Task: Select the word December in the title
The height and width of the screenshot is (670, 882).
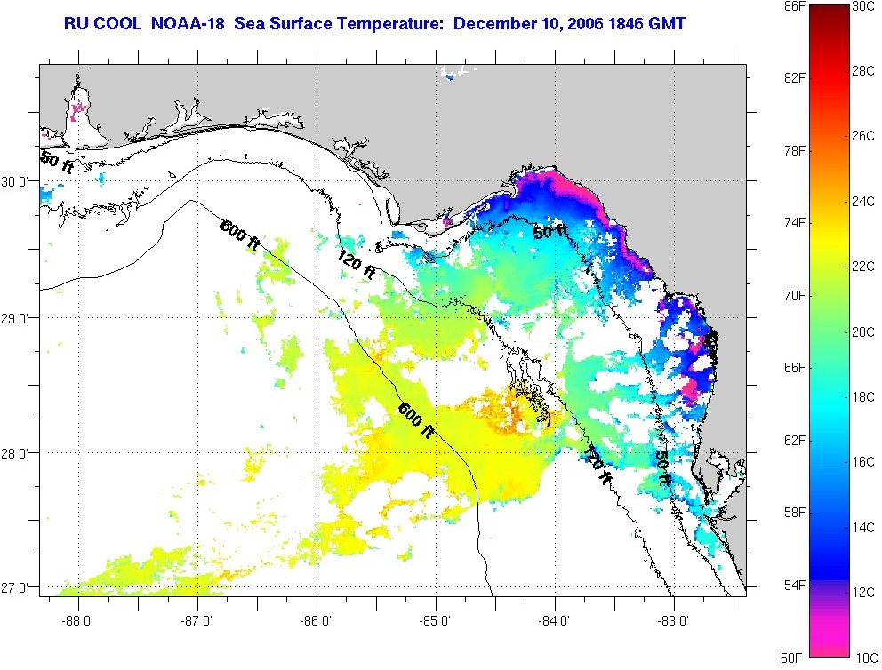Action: [x=492, y=22]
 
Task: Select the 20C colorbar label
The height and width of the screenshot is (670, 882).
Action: [x=863, y=331]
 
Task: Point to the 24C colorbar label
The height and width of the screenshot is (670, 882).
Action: [x=863, y=202]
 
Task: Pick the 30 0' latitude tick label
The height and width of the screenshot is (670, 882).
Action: [x=19, y=181]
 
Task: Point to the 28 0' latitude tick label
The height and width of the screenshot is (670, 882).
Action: [x=19, y=453]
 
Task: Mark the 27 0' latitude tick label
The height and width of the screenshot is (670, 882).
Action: [x=19, y=587]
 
